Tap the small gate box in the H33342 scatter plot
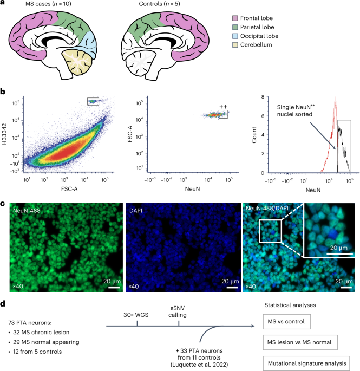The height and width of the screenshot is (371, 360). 93,101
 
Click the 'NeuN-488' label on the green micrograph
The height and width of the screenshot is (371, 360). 25,193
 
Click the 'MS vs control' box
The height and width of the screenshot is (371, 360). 285,323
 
